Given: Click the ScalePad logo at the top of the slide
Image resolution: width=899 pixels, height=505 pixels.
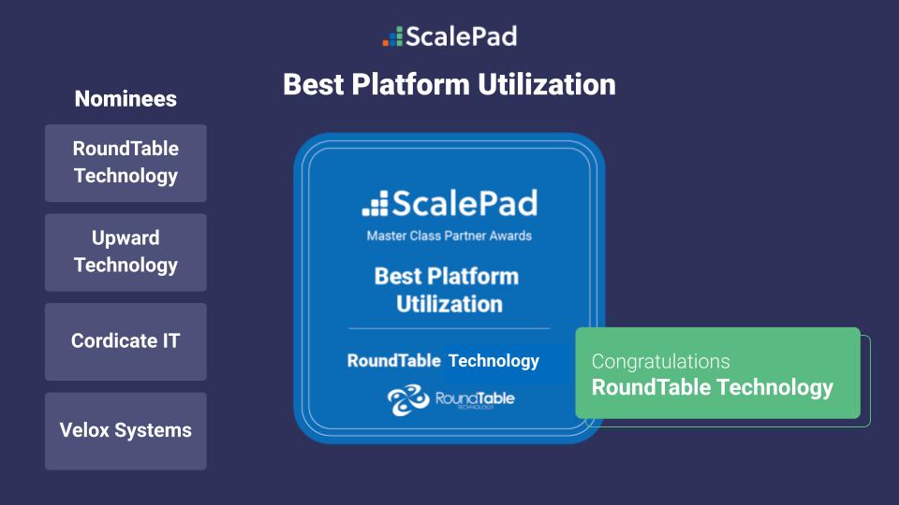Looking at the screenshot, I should pos(450,36).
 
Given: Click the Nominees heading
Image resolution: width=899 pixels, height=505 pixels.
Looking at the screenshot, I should pos(125,99).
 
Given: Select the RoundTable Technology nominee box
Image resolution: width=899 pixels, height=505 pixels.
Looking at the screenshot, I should pos(125,163).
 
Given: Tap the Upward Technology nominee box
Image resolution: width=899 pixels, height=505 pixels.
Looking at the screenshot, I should pos(125,252).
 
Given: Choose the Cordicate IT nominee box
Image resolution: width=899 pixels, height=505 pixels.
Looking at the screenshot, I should pos(125,341).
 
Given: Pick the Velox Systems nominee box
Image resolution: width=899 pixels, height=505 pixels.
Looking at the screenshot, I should pos(125,431).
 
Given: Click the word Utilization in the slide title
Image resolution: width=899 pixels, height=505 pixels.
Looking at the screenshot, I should pos(547,84).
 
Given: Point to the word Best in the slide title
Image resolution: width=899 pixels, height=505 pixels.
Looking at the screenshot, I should pos(315,84).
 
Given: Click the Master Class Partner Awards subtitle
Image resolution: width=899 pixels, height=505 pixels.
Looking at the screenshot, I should pos(449,236).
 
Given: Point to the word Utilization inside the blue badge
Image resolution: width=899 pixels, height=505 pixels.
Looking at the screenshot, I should pos(449,304).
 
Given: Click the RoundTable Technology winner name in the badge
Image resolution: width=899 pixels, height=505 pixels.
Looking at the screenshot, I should pos(443,361).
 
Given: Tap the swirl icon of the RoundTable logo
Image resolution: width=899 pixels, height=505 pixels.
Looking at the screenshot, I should pos(408,400).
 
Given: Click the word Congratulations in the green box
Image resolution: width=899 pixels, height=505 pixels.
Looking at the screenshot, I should pos(660,361).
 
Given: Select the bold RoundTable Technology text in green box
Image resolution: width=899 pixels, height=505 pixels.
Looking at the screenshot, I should pos(712,387).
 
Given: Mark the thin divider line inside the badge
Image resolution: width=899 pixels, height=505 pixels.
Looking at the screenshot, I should pos(449,328).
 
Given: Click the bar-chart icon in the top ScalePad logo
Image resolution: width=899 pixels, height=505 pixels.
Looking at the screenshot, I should pos(392,37).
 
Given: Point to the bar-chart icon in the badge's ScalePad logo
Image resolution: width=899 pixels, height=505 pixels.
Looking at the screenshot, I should pos(375,204).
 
